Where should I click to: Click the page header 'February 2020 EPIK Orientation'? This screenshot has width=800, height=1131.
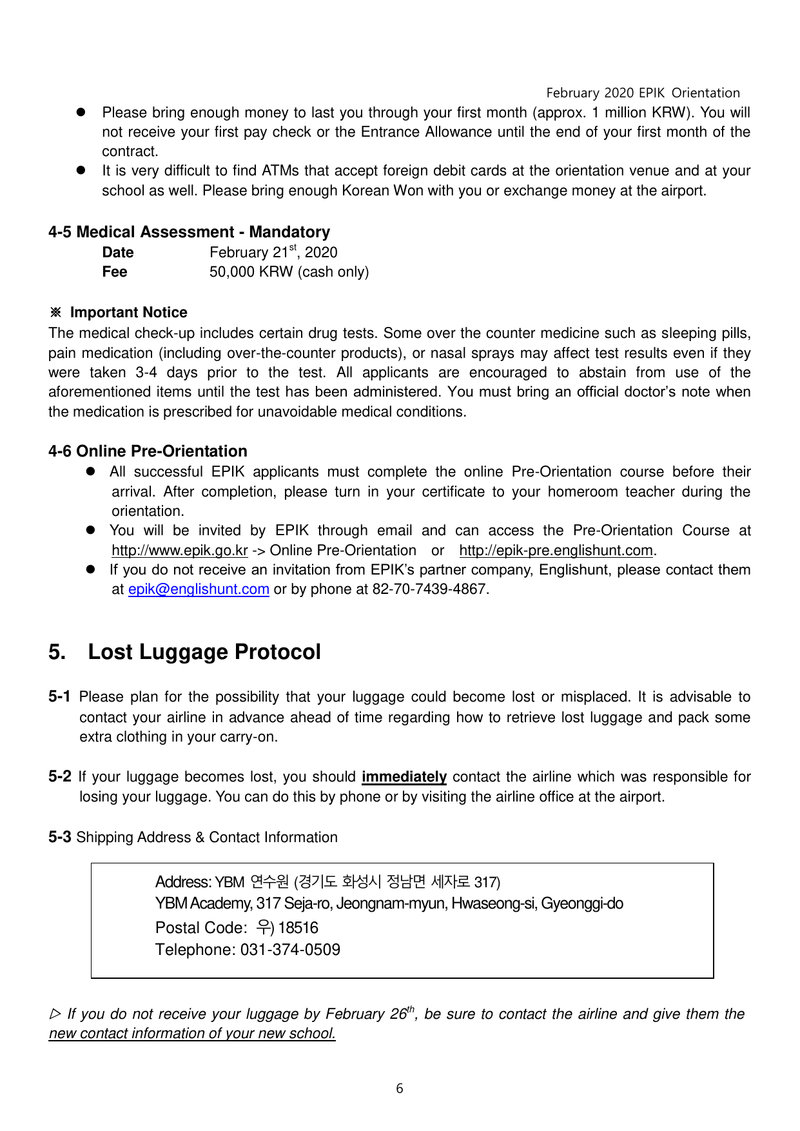click(643, 93)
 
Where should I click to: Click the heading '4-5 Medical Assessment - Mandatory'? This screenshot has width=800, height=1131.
click(189, 232)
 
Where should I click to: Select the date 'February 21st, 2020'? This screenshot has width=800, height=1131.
click(273, 252)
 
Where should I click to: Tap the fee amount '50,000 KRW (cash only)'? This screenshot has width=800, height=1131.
click(289, 272)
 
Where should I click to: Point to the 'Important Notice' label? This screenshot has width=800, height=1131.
click(128, 313)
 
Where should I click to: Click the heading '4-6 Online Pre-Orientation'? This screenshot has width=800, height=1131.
click(148, 451)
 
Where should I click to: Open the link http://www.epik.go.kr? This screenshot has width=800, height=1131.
click(179, 551)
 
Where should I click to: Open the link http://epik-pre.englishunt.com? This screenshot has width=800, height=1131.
click(556, 551)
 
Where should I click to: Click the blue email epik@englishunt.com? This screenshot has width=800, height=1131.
click(199, 589)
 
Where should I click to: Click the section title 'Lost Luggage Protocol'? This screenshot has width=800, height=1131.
click(204, 652)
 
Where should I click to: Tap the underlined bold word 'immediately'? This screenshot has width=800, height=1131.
click(404, 777)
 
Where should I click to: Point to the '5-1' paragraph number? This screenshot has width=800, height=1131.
click(59, 697)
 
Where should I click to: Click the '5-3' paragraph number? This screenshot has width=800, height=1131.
click(59, 837)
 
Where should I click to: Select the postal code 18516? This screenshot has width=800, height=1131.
click(298, 928)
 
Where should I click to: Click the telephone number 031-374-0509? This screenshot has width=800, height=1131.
click(290, 950)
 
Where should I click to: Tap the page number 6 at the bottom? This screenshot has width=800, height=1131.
click(400, 1089)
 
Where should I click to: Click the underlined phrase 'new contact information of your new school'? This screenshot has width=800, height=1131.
click(191, 1034)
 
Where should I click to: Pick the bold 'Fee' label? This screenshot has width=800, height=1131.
click(115, 272)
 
